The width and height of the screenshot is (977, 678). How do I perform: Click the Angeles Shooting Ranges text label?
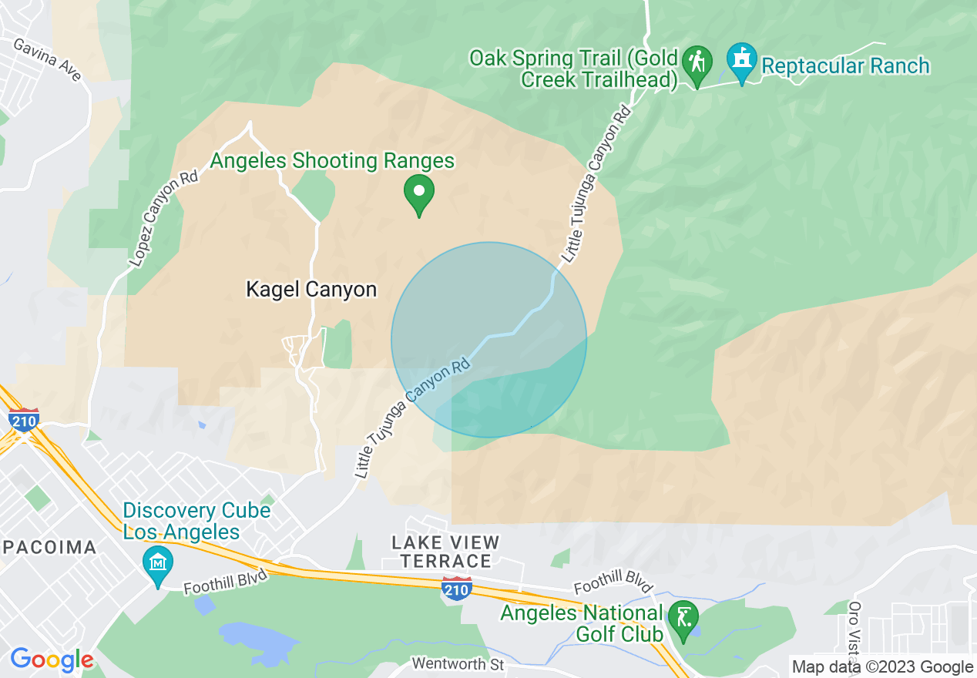332,161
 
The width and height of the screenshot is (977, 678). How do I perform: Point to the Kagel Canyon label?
311,289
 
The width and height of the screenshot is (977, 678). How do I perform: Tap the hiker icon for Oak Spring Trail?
697,65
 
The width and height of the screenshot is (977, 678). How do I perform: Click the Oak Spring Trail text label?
574,69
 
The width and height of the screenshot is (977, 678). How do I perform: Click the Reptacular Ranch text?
845,65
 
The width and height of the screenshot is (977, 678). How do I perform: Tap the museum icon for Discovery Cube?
158,565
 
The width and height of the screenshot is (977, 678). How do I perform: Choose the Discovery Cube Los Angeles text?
196,521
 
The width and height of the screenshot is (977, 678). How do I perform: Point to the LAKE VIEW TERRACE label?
445,552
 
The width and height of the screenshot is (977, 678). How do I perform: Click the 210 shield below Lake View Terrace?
457,588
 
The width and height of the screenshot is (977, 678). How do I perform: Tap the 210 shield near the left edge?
25,420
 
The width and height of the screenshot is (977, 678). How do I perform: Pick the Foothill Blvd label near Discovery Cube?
225,582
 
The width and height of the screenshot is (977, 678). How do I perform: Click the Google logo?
52,660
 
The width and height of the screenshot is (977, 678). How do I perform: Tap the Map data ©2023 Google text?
882,667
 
